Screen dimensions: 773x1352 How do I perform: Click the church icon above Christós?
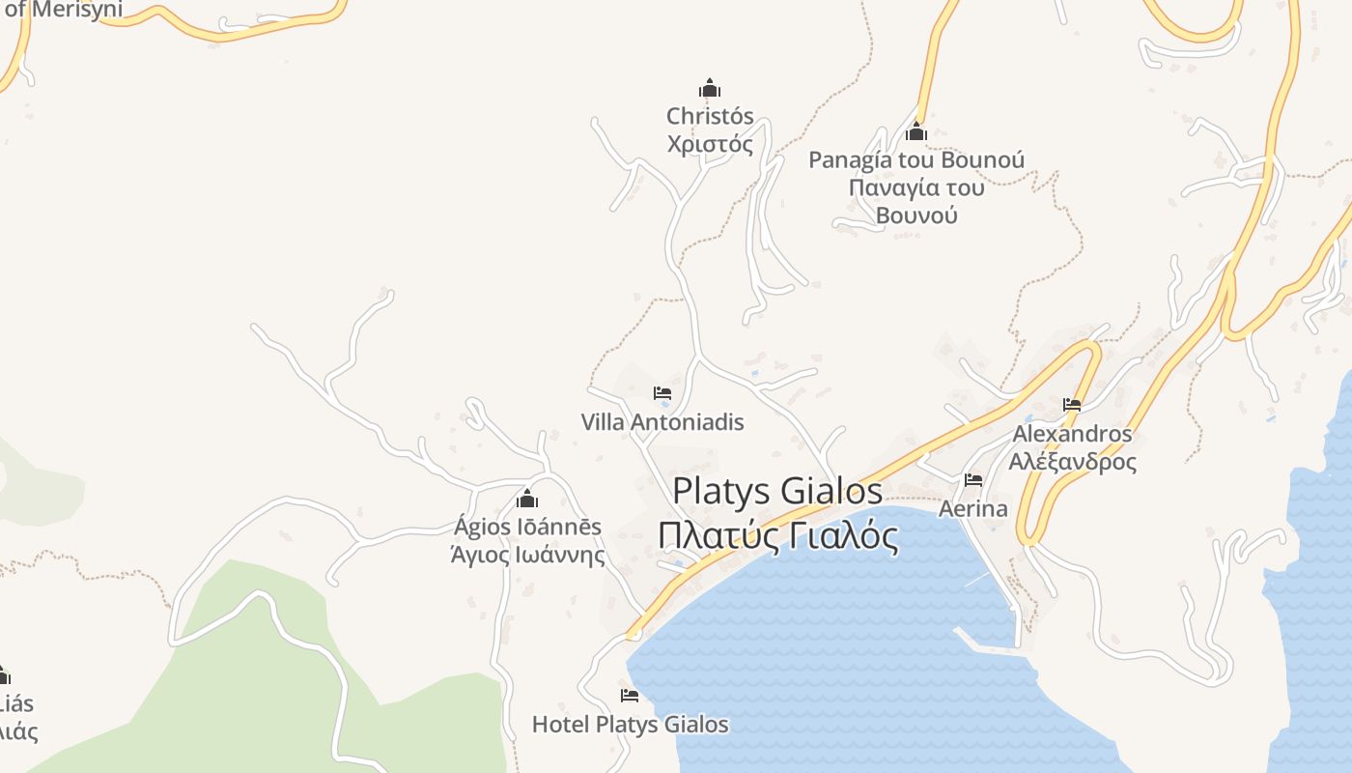coord(710,88)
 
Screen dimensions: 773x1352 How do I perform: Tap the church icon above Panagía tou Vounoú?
coord(916,131)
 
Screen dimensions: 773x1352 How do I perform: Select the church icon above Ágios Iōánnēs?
coord(527,499)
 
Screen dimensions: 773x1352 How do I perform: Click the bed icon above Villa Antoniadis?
coord(662,393)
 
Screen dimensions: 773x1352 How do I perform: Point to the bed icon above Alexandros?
coord(1072,405)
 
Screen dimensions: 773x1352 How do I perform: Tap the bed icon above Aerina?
coord(973,480)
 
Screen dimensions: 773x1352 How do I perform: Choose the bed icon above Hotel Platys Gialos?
coord(630,696)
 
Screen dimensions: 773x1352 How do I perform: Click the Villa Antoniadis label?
coord(662,422)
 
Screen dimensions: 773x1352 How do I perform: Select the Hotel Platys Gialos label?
coord(630,725)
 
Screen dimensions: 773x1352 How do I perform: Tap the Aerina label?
coord(973,508)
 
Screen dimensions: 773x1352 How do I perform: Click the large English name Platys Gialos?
coord(777,491)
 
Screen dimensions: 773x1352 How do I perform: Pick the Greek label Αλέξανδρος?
coord(1072,461)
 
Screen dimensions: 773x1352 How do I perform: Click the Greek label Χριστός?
coord(710,145)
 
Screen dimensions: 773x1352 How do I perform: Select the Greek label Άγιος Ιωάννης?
coord(527,556)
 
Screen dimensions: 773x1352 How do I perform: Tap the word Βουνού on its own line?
coord(916,215)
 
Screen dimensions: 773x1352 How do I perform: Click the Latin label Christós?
coord(710,116)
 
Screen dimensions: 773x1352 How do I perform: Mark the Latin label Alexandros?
coord(1072,434)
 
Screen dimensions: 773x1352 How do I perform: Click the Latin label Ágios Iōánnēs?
coord(527,528)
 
